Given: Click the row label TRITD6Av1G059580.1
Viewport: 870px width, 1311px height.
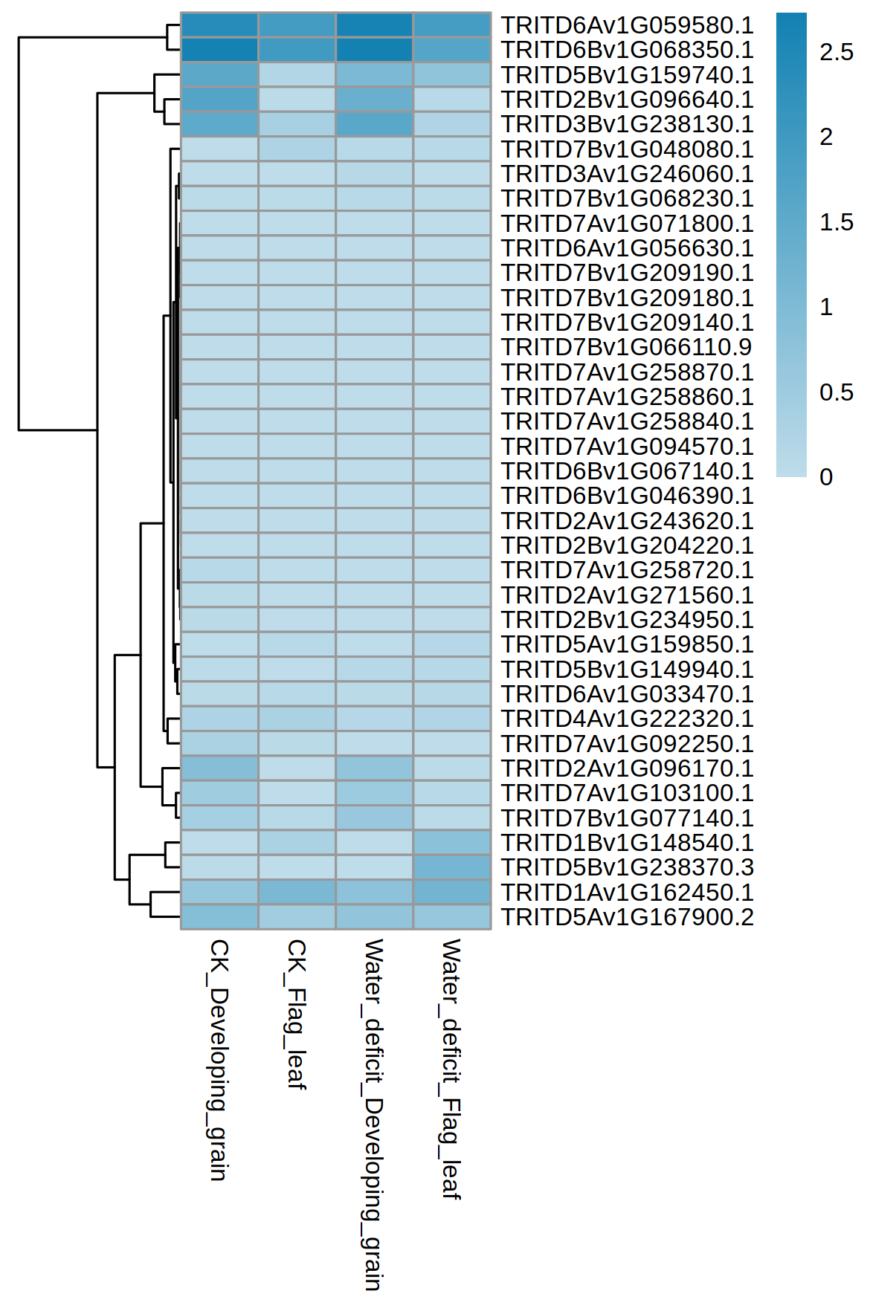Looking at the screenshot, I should pos(627,25).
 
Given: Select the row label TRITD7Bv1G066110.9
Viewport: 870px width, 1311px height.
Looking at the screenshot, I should pos(627,347).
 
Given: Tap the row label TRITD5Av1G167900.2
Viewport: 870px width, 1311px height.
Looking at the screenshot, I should pos(627,917).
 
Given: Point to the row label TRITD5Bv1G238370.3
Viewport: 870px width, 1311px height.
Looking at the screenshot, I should pos(627,867).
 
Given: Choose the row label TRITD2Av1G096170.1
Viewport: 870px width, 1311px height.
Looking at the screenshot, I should pos(627,768).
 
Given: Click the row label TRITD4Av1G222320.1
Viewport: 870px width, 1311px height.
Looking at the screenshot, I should pos(627,719).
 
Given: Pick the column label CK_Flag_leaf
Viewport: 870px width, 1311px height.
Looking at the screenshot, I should pos(297,1014).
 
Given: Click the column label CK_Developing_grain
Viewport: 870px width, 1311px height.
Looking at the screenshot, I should pos(219,1059).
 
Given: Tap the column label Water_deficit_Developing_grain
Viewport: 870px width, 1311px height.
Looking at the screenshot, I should pos(373,1114).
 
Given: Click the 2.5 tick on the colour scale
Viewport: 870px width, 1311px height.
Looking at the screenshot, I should pos(836,52).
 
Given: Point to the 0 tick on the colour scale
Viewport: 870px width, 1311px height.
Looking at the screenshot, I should pos(826,477).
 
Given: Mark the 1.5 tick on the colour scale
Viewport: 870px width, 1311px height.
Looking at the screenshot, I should pos(836,222).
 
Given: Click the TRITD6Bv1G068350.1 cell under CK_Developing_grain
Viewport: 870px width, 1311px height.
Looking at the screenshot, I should pos(219,50).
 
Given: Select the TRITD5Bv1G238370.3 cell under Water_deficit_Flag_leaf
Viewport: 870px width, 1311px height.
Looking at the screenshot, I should pos(452,867).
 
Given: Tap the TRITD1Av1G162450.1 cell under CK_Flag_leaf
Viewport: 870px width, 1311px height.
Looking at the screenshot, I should pos(297,892).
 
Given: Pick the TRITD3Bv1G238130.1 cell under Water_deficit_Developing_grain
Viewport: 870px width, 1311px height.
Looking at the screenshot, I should pos(374,124).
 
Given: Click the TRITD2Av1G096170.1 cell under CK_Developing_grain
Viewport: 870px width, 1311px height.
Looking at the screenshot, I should pos(219,768).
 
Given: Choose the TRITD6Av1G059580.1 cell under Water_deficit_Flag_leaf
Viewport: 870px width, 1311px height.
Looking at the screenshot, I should pos(452,25).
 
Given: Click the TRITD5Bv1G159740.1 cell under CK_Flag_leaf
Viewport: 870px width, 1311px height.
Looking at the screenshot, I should pos(297,75).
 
